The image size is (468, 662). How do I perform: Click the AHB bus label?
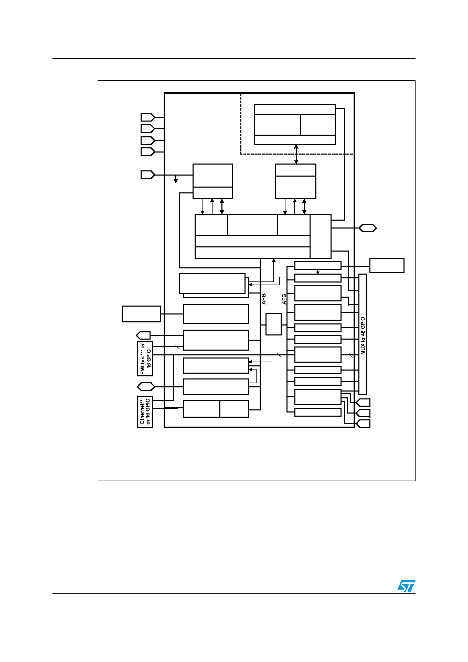(264, 299)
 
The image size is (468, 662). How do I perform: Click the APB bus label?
(284, 299)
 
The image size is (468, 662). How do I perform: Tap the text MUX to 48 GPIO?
(363, 336)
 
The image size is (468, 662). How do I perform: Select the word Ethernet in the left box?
(142, 411)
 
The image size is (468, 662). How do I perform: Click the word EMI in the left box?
(143, 370)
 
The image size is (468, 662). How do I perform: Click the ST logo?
(406, 586)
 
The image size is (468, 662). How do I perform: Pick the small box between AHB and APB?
(273, 324)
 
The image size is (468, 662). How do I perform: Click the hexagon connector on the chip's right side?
(367, 228)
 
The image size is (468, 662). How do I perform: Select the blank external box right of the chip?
(387, 265)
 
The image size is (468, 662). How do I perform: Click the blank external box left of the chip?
(142, 314)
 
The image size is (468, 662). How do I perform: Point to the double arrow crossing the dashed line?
(296, 154)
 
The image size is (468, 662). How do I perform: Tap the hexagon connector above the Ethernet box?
(146, 387)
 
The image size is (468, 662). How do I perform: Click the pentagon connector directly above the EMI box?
(143, 335)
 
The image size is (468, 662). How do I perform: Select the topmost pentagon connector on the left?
(147, 117)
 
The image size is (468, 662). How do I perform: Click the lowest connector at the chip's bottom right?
(363, 424)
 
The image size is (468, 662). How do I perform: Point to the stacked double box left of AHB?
(214, 286)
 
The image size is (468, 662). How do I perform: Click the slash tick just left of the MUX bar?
(350, 355)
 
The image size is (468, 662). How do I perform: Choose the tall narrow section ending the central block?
(321, 236)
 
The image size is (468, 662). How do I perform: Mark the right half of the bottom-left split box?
(235, 409)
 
